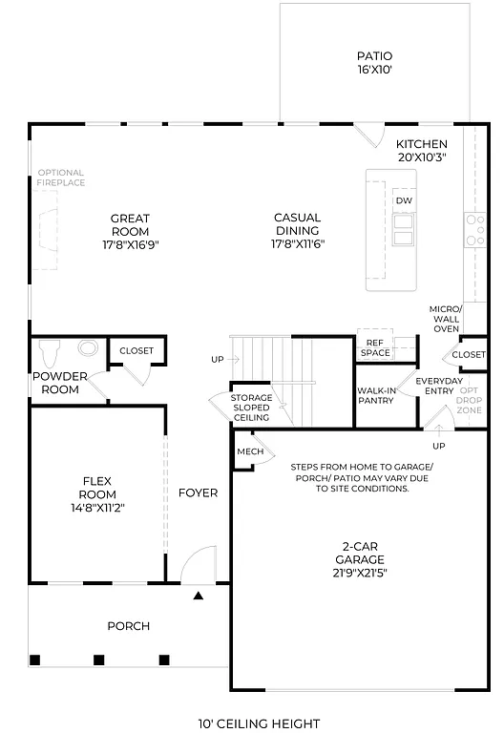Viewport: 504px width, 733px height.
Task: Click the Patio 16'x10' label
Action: coord(374,63)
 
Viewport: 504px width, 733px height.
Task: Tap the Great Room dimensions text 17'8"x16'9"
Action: coord(130,244)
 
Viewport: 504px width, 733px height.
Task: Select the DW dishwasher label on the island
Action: coord(403,201)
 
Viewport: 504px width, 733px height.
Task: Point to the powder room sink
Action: coord(88,349)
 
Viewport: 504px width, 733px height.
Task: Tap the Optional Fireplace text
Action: coord(61,178)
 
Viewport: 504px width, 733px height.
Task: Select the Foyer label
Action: coord(198,493)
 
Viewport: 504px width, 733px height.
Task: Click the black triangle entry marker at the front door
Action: coord(199,596)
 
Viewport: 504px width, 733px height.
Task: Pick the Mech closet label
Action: coord(250,451)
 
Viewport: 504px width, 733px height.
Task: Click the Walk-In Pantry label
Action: coord(377,396)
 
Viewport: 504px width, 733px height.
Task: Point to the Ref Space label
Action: coord(375,347)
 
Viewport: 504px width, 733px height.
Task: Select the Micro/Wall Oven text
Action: coord(447,319)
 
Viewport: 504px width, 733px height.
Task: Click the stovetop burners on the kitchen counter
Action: coord(474,229)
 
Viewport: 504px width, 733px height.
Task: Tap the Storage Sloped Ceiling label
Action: coord(252,408)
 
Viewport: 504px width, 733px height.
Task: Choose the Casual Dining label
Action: coord(297,230)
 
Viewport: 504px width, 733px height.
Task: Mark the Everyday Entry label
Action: coord(439,386)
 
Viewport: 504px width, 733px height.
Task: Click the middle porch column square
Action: coord(98,660)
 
